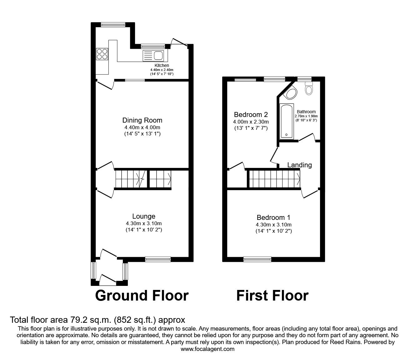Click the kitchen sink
(153, 56)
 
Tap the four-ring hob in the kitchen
(102, 53)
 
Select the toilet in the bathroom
(309, 89)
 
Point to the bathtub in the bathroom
(287, 121)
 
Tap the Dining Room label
(142, 120)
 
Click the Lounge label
(144, 216)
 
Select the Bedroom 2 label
(251, 114)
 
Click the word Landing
(299, 165)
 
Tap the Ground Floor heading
(142, 295)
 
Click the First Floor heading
(272, 295)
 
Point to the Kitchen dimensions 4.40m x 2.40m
(162, 70)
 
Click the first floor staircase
(274, 179)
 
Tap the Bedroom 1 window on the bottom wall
(257, 259)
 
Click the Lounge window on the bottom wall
(158, 259)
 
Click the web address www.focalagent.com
(207, 349)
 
